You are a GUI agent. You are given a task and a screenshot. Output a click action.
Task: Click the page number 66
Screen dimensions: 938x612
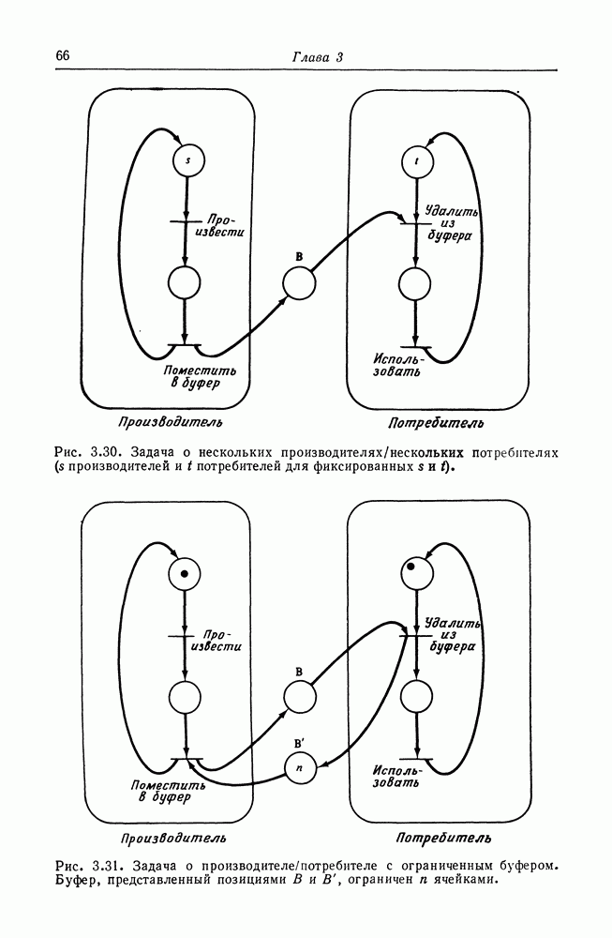63,55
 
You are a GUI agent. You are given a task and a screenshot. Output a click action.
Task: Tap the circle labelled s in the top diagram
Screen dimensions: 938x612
187,160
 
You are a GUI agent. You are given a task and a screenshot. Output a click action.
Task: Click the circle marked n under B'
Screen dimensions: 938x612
299,768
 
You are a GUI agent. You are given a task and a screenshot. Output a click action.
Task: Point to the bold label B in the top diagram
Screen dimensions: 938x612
298,255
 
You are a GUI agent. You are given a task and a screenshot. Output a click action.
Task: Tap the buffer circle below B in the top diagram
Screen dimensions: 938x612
298,283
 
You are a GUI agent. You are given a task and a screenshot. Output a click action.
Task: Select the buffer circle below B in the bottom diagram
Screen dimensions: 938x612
299,697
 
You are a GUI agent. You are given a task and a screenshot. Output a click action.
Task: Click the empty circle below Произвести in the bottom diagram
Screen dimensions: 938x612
186,699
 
